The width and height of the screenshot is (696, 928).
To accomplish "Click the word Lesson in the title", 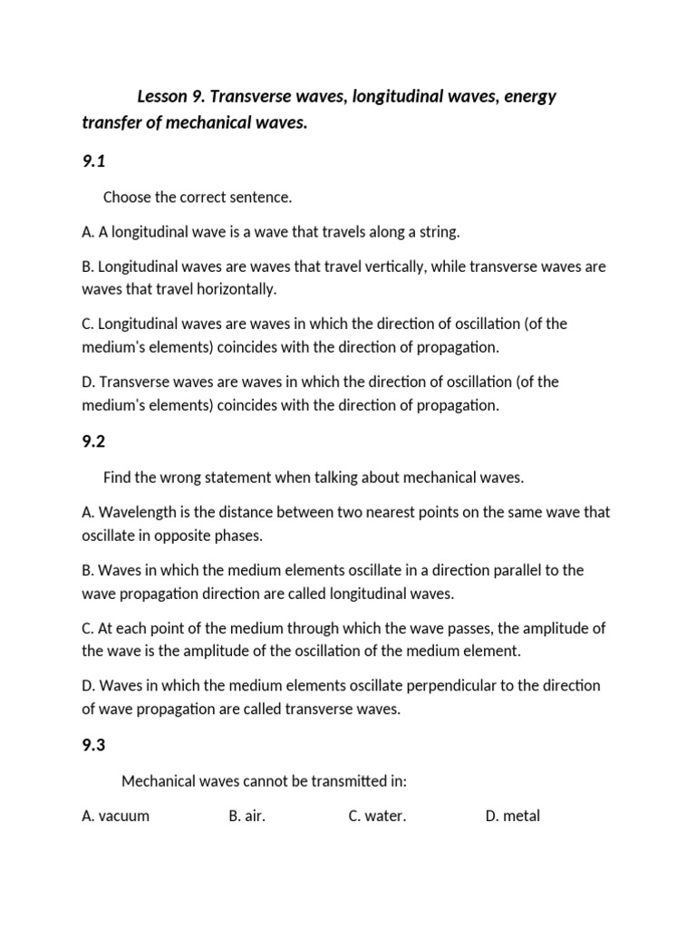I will [x=164, y=96].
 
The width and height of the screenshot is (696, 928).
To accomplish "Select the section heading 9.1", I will [x=93, y=161].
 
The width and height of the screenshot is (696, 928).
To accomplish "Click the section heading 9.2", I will [x=93, y=441].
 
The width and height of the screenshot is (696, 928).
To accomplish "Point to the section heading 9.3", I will [x=93, y=745].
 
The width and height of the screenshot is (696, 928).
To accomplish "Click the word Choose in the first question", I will [x=128, y=197].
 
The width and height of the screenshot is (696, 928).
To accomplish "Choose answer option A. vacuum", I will [x=115, y=816].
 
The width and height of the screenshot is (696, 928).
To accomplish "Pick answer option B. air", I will [x=247, y=816].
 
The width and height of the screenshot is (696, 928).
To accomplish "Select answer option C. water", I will [x=377, y=816].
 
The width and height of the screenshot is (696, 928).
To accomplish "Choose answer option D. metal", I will [x=513, y=816].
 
